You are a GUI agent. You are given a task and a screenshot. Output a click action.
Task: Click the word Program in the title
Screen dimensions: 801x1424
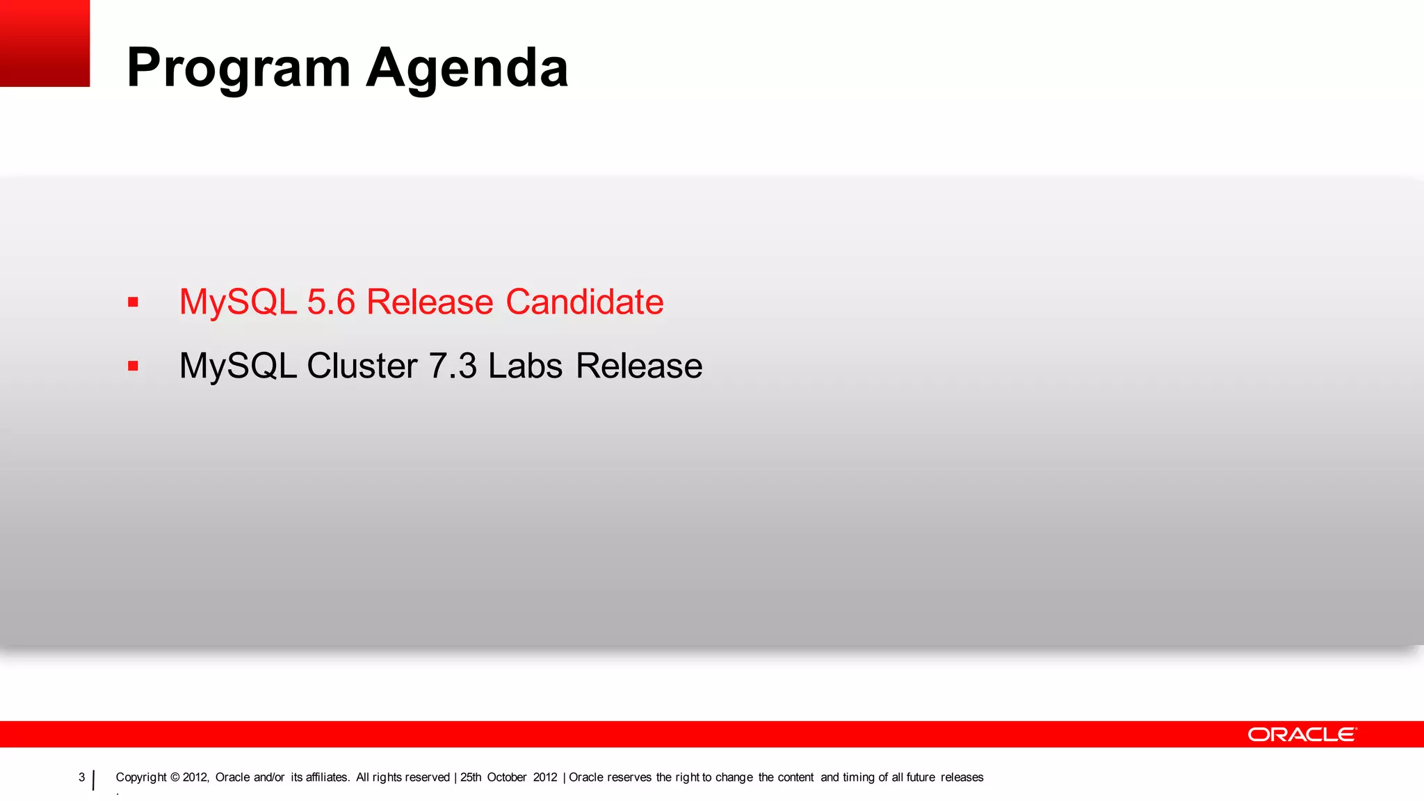coord(238,70)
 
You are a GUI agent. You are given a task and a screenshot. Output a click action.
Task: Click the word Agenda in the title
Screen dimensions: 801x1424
coord(467,68)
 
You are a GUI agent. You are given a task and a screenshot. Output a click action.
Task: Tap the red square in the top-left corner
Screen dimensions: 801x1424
coord(44,43)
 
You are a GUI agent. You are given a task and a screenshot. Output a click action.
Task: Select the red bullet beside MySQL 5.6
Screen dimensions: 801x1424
coord(133,302)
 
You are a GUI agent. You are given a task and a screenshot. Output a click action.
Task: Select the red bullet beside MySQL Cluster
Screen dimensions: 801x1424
coord(133,366)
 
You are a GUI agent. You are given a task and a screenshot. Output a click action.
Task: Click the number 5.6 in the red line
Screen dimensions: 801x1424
coord(331,302)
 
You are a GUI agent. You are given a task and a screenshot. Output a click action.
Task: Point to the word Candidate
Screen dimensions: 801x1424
coord(584,302)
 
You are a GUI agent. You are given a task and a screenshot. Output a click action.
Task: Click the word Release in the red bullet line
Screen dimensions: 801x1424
coord(430,302)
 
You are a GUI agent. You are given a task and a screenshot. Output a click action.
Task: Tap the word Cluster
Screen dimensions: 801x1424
coord(362,366)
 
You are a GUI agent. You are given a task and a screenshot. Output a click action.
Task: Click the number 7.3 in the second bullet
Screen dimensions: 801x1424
coord(453,366)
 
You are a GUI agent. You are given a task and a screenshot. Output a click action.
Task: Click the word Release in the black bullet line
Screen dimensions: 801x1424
coord(639,366)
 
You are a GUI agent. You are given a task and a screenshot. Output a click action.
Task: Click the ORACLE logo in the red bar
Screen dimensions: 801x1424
coord(1302,734)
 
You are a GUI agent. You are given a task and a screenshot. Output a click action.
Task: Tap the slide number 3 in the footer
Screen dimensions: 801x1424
coord(81,777)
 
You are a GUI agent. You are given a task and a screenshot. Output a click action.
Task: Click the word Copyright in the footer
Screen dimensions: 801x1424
coord(141,777)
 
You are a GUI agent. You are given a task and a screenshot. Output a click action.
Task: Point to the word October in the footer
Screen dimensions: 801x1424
coord(506,777)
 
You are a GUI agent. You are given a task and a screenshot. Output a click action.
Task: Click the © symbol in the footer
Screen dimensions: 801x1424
coord(175,777)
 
